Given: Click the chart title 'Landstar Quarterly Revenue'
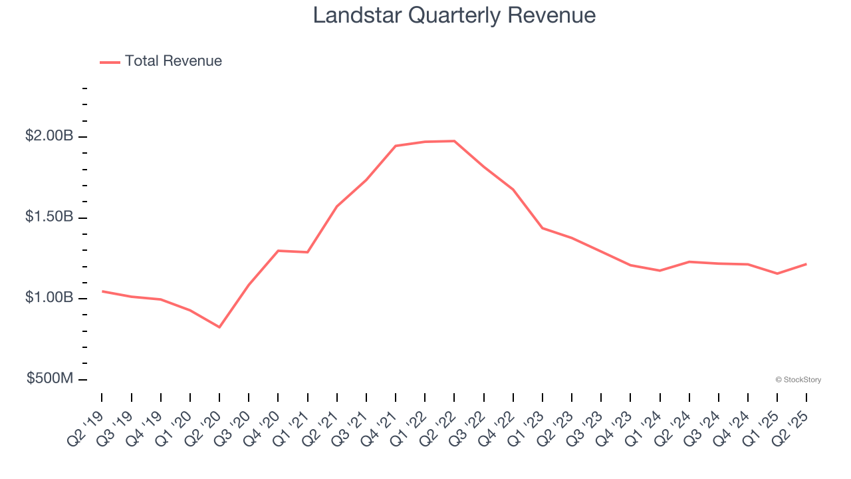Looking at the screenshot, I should (454, 15).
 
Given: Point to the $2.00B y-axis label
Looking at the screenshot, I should (49, 136).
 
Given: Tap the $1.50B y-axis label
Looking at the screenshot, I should (49, 218).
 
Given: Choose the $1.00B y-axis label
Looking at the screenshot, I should (49, 298).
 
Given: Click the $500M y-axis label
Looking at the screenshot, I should (51, 379).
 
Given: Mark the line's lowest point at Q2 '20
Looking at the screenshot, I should (219, 327).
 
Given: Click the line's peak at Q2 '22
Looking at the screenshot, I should (454, 141).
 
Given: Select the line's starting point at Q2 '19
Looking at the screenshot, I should (102, 291).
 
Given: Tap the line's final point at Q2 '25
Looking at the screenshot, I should (806, 264).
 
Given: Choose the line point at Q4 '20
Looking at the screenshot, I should (278, 251).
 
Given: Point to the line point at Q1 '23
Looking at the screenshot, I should (543, 228).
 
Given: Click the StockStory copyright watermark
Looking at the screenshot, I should (798, 380).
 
